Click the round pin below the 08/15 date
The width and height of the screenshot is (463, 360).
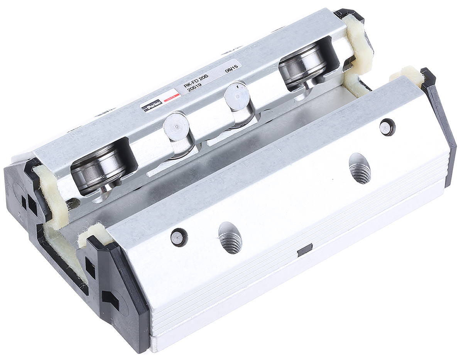pyautogui.click(x=237, y=94)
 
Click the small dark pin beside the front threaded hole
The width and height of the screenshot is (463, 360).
pyautogui.click(x=179, y=237)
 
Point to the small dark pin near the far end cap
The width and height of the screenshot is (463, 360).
pyautogui.click(x=387, y=128)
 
